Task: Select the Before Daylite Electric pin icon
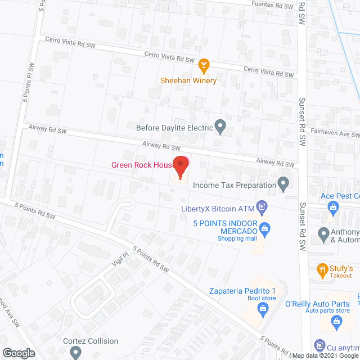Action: [x=220, y=127]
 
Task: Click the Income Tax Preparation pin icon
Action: [x=284, y=184]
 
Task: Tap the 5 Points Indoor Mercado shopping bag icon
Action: [x=266, y=228]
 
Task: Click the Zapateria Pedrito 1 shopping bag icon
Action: [x=262, y=308]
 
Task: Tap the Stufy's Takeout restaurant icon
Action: [x=322, y=269]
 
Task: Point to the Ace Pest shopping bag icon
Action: [x=334, y=208]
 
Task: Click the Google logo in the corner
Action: [x=18, y=353]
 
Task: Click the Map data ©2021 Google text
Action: [x=324, y=355]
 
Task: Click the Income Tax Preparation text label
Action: [x=235, y=184]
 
